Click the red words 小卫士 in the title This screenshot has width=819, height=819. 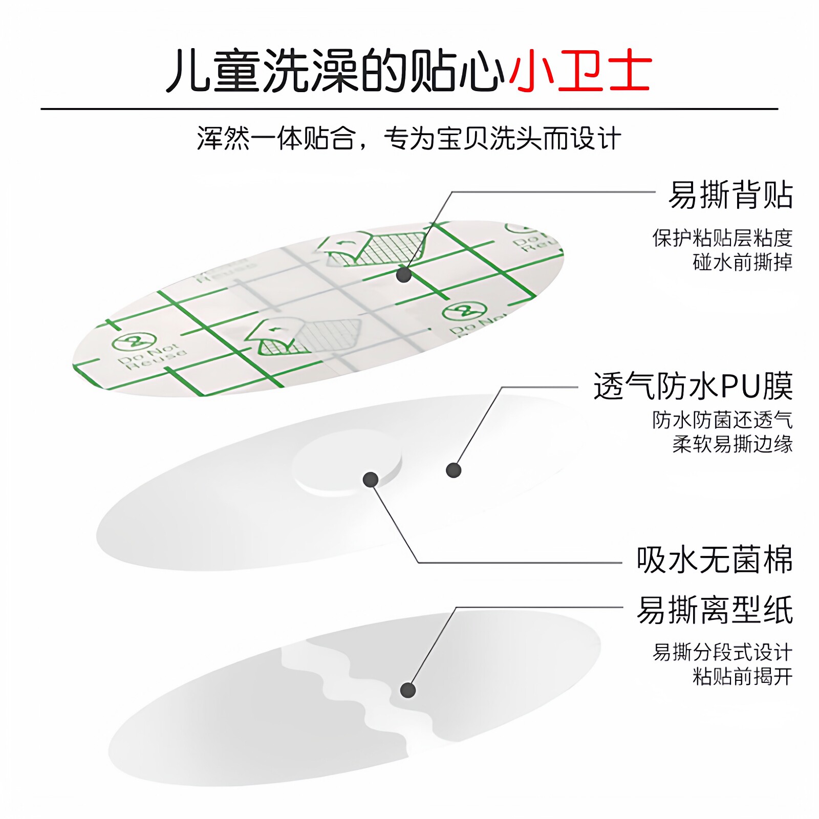(x=579, y=71)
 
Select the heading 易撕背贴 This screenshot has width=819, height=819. (x=730, y=195)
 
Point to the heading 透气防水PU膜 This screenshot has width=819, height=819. (x=693, y=386)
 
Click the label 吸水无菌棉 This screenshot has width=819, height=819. (x=715, y=559)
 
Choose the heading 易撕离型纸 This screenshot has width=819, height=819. (x=715, y=610)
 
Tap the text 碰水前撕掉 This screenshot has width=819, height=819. (x=742, y=262)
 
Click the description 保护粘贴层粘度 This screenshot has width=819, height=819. (x=722, y=238)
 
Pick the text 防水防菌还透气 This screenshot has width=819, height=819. (x=722, y=420)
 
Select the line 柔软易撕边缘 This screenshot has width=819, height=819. (x=732, y=444)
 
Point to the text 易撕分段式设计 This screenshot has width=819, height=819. (x=722, y=652)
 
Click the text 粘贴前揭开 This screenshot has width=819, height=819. (x=742, y=676)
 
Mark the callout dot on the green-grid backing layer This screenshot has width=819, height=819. (x=404, y=275)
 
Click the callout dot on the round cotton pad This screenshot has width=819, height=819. (x=371, y=480)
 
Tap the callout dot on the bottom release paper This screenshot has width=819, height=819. (x=407, y=690)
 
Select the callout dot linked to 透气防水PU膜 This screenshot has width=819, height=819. (x=454, y=470)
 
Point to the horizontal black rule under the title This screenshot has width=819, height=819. (x=409, y=109)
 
